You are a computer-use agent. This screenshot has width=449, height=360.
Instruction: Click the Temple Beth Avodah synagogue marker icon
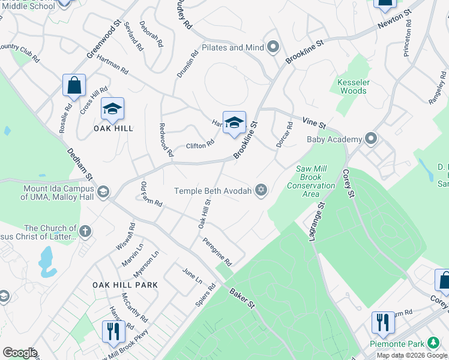261,191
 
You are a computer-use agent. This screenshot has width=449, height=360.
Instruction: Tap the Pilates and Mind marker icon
274,47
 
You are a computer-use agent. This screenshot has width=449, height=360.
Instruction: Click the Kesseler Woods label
352,86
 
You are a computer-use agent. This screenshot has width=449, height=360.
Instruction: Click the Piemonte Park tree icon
432,344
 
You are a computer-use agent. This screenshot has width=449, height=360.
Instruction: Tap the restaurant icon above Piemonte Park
382,322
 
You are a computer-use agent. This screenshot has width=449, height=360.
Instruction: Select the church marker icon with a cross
85,231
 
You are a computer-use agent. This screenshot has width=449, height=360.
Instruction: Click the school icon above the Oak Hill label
112,109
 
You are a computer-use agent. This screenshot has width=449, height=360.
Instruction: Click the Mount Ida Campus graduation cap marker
103,191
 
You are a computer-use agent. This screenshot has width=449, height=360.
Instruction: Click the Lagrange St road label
316,221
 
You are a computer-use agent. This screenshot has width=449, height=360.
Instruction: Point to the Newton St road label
394,19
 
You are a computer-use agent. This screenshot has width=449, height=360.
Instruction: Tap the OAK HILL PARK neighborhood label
125,285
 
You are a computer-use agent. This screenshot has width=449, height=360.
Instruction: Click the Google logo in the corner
20,353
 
